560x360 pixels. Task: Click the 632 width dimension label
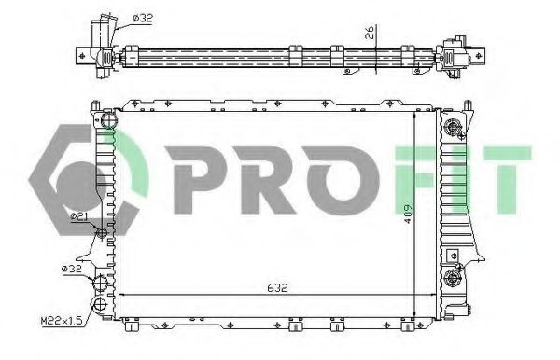coord(277,287)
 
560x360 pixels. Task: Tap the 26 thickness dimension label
coord(370,32)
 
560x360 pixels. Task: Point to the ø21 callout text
coord(79,216)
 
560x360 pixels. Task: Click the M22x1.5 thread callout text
coord(62,322)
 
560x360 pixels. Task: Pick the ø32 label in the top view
coord(143,18)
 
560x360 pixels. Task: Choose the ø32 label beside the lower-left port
coord(72,269)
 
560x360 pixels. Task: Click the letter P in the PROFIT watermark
coord(195,180)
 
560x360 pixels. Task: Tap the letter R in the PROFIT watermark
coord(266,180)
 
